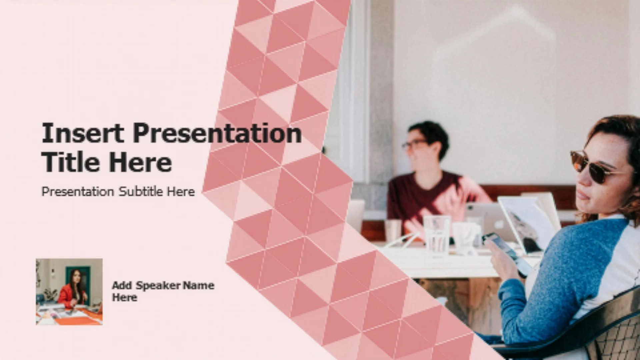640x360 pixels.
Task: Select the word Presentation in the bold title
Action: [x=217, y=133]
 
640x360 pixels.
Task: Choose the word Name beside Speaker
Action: [x=199, y=285]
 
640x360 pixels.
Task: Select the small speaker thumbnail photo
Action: [x=69, y=292]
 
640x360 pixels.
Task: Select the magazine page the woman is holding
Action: [x=527, y=223]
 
